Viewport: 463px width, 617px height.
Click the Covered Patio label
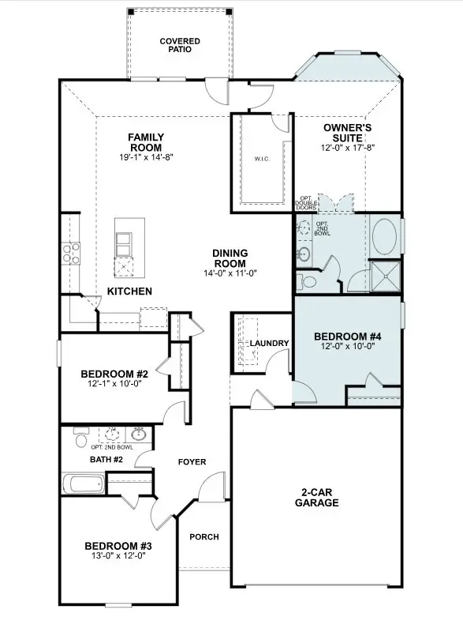(x=179, y=44)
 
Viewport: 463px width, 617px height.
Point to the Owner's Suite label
(x=348, y=133)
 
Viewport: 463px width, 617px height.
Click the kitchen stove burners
(x=71, y=253)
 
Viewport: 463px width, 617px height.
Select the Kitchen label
(x=129, y=292)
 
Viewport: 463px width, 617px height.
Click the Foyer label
(x=191, y=461)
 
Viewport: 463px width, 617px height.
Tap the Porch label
(x=203, y=537)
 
